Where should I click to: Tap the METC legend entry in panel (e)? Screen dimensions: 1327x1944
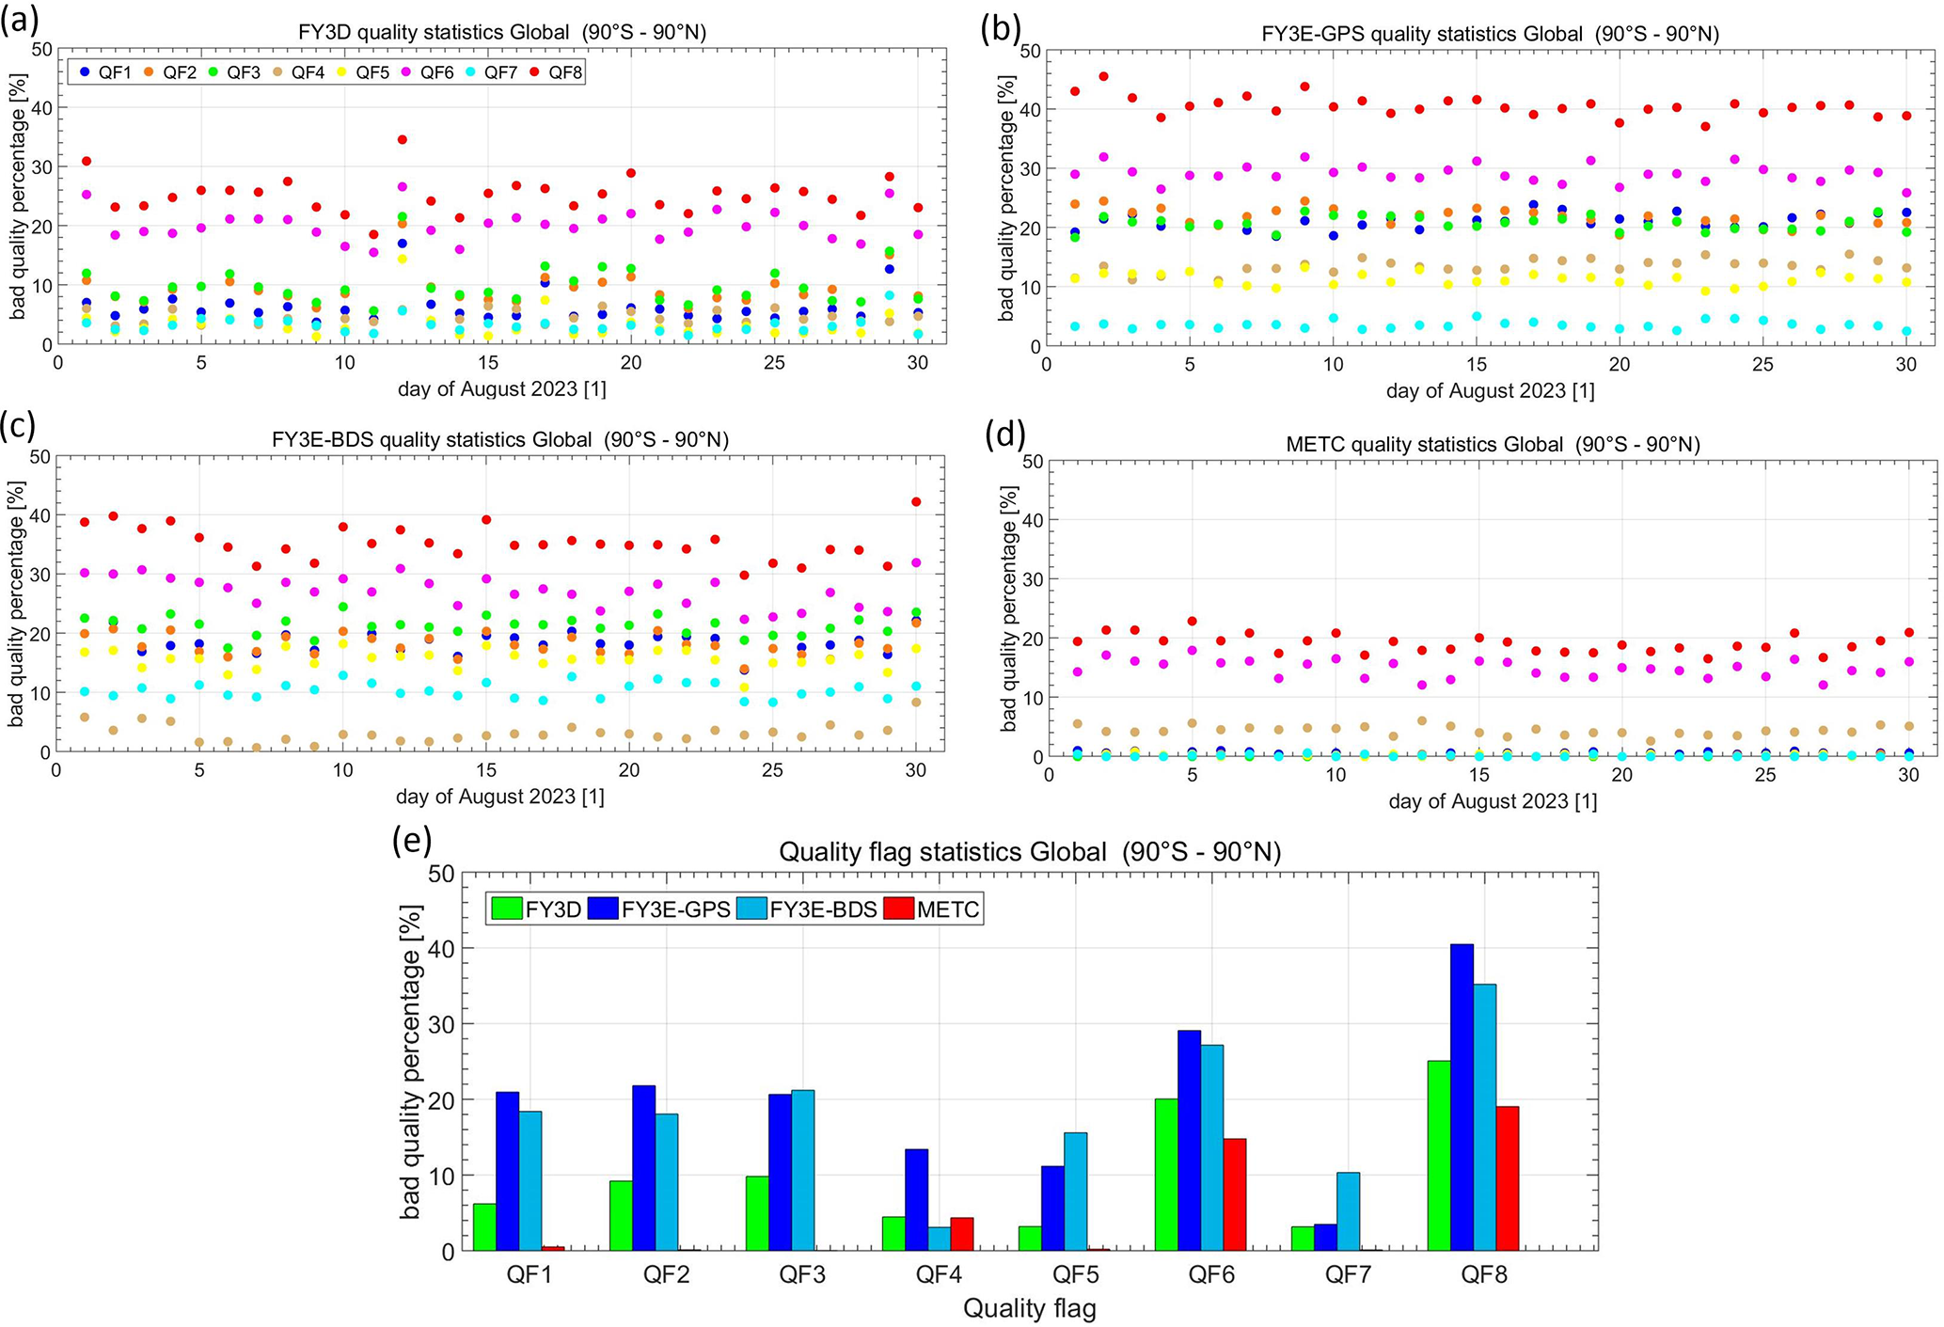coord(937,909)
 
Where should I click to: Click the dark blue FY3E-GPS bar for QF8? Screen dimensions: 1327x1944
coord(1462,1098)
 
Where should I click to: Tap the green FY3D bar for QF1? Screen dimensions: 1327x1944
coord(484,1227)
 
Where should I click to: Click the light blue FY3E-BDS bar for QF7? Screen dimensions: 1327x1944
coord(1348,1211)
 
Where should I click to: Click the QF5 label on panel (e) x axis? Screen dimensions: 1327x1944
coord(1075,1275)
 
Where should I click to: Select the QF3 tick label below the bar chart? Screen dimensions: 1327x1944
coord(802,1275)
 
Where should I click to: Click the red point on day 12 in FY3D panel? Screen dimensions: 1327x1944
coord(403,139)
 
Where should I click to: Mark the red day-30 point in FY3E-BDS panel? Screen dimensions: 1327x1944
coord(916,502)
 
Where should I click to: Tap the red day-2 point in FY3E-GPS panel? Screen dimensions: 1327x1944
coord(1103,77)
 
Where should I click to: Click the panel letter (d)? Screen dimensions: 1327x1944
coord(1004,434)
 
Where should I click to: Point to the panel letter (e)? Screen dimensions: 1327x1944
coord(411,840)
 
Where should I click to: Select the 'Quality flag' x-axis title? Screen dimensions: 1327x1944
coord(1030,1308)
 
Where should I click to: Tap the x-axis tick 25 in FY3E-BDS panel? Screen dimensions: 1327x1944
coord(772,771)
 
